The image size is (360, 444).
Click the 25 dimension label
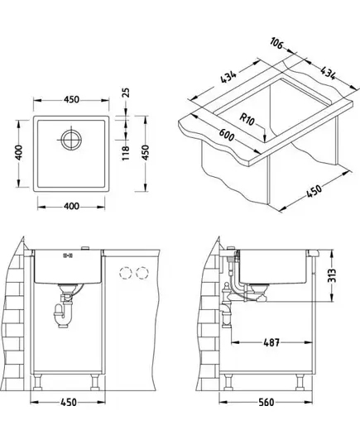tap(127, 93)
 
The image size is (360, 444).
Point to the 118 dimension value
tap(126, 153)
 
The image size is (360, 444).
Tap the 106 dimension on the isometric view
tap(276, 43)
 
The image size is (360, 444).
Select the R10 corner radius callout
tap(247, 119)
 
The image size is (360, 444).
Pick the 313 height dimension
tap(332, 275)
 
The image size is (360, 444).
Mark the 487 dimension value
tap(271, 342)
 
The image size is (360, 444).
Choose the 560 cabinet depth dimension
tap(266, 402)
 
